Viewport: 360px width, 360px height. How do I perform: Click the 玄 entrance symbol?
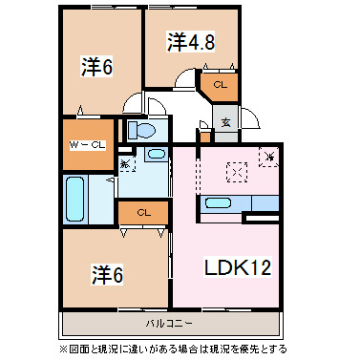pyautogui.click(x=225, y=121)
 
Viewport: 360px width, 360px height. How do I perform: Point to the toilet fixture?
pyautogui.click(x=143, y=130)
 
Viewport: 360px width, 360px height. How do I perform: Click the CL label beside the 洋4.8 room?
pyautogui.click(x=219, y=85)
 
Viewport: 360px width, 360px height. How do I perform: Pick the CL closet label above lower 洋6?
pyautogui.click(x=142, y=212)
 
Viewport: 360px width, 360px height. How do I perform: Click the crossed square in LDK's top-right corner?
pyautogui.click(x=269, y=155)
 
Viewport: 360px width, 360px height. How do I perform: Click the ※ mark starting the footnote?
pyautogui.click(x=66, y=349)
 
